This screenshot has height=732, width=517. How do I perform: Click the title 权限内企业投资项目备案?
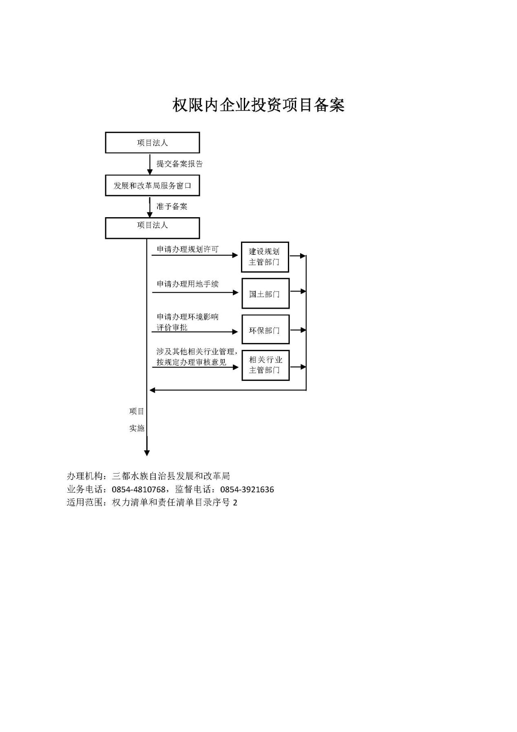tap(258, 105)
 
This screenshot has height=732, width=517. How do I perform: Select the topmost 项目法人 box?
tap(152, 142)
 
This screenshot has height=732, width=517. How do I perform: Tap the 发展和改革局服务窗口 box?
tap(152, 185)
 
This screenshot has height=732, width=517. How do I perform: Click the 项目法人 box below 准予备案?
tap(152, 228)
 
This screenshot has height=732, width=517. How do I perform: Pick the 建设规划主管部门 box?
tap(265, 257)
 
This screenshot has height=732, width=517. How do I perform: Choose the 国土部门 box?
tap(265, 294)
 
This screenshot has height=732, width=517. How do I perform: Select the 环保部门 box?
tap(265, 329)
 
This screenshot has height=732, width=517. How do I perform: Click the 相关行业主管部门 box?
tap(265, 365)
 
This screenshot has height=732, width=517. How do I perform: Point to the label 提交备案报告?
tap(180, 164)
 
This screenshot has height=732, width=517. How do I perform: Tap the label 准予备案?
tap(172, 206)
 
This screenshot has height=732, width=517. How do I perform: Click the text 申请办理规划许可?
tap(188, 249)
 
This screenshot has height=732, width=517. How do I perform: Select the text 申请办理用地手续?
tap(188, 284)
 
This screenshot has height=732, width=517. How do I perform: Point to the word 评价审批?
tap(172, 327)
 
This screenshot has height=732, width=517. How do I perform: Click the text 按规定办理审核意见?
tap(191, 362)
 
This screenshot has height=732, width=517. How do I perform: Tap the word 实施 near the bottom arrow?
tap(137, 428)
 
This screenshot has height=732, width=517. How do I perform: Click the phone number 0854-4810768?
tap(139, 489)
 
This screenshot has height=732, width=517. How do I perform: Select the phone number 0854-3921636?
tap(247, 489)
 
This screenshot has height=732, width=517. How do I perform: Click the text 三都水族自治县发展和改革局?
tap(171, 476)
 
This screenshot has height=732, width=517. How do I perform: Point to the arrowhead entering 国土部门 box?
tap(235, 292)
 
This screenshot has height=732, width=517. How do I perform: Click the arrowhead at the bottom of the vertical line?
tap(147, 453)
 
